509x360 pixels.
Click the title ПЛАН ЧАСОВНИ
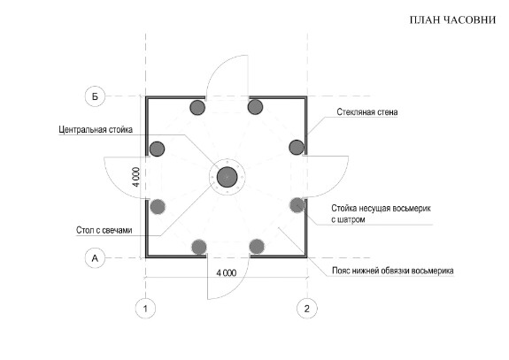coord(452,20)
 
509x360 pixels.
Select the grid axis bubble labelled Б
coord(95,96)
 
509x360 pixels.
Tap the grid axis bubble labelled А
coord(95,258)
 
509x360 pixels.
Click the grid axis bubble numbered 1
coord(145,309)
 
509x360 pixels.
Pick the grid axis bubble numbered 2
coord(307,309)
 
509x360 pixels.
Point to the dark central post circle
coord(227,177)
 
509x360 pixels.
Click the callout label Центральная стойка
coord(96,130)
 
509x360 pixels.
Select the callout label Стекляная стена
coord(367,112)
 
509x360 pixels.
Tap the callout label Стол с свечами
coord(104,230)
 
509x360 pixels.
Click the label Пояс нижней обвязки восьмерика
coord(393,271)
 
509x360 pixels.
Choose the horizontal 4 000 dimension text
coord(227,273)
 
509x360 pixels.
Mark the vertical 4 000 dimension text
coord(136,177)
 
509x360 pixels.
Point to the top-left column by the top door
coord(197,107)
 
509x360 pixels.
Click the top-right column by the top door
coord(255,107)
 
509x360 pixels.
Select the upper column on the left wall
coord(157,149)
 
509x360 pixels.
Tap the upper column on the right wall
coord(297,147)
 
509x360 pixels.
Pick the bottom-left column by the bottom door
coord(199,247)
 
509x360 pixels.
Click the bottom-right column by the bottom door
coord(257,247)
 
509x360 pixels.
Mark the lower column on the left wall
coord(158,207)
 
